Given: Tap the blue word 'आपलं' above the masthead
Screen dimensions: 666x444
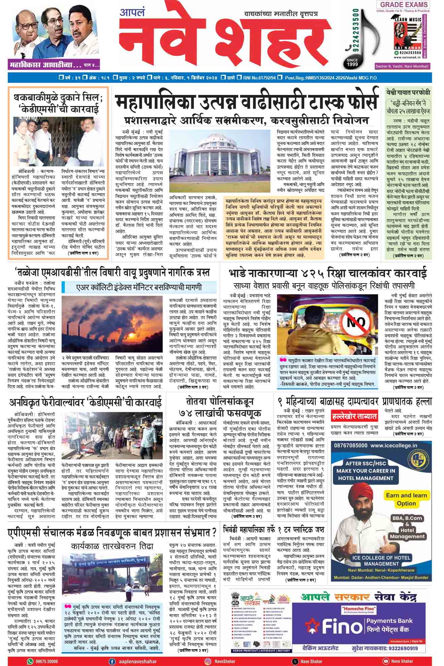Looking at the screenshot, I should [132, 13].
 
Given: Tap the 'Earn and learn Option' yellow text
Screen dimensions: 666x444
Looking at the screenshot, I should [406, 499].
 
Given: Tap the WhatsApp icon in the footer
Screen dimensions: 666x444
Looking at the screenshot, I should [31, 661].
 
